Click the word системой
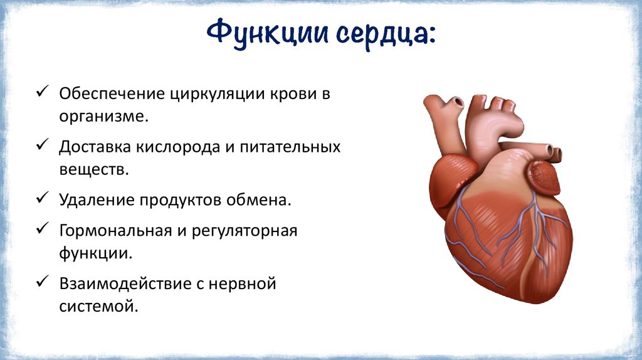[x=97, y=306]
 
